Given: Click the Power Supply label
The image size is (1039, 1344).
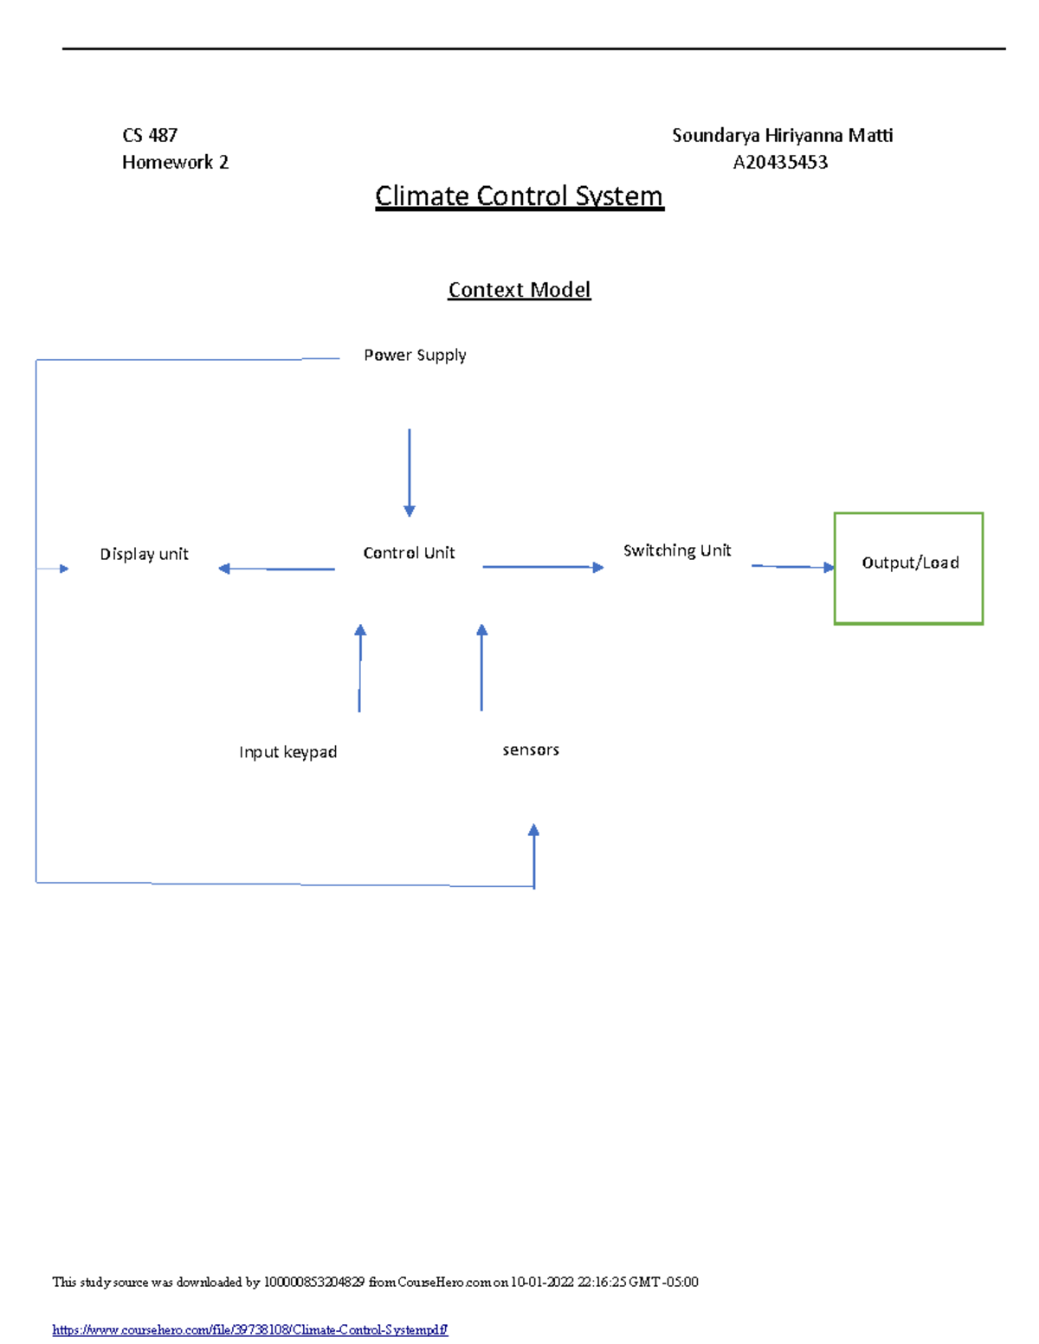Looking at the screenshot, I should click(x=415, y=355).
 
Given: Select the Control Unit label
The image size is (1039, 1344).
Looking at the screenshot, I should click(x=409, y=553).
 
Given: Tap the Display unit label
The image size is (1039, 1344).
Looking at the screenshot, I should click(x=144, y=554).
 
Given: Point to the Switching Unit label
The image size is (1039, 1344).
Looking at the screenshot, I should click(x=677, y=550).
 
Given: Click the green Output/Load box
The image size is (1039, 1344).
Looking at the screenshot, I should click(x=908, y=568).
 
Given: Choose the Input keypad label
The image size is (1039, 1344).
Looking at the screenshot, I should click(x=287, y=752).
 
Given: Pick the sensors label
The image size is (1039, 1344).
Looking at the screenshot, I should click(x=531, y=749).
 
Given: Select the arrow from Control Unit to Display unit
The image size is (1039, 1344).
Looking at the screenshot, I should click(x=276, y=569).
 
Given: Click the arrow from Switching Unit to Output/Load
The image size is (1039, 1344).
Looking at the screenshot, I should click(x=792, y=567).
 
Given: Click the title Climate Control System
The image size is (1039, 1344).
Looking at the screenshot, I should click(x=519, y=196).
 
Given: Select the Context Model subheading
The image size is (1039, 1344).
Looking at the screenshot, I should click(x=519, y=290).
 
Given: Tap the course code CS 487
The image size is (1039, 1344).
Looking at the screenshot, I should click(x=150, y=135).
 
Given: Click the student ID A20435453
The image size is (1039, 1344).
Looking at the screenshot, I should click(x=780, y=163).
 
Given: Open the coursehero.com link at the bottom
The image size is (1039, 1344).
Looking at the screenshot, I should click(x=249, y=1329).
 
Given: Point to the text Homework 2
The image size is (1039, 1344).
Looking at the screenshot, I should click(x=175, y=163).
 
